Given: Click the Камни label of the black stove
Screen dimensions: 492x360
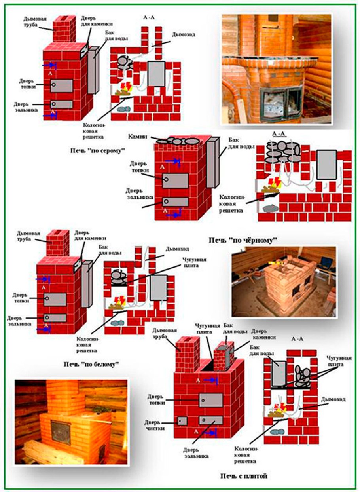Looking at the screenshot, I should coord(137,137).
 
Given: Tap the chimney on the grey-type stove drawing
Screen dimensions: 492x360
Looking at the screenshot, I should coord(62,29).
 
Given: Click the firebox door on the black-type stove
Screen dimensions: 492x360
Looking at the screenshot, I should coord(175,180).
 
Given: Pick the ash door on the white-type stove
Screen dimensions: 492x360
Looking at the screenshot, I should coord(55,317).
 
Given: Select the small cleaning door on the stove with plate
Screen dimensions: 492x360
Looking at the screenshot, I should coord(182,420).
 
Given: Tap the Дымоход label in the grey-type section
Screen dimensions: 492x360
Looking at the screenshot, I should coord(183,35).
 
